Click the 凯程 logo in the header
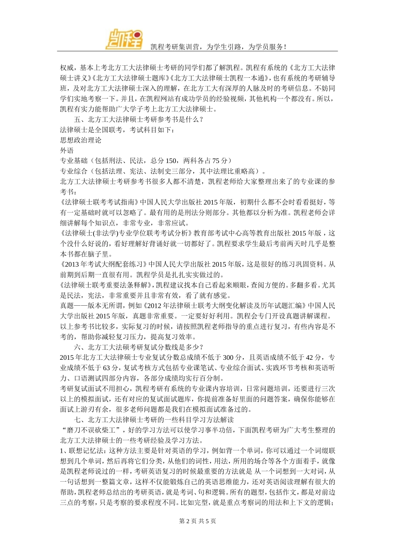tap(123, 39)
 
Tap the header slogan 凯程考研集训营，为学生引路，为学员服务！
tap(218, 47)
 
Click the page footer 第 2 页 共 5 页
tap(197, 521)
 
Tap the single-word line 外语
tap(67, 151)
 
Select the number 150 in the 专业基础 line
tap(171, 161)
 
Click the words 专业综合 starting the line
tap(74, 171)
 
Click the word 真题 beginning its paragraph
tap(67, 306)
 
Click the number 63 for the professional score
tap(107, 368)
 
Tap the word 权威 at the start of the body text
tap(67, 68)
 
